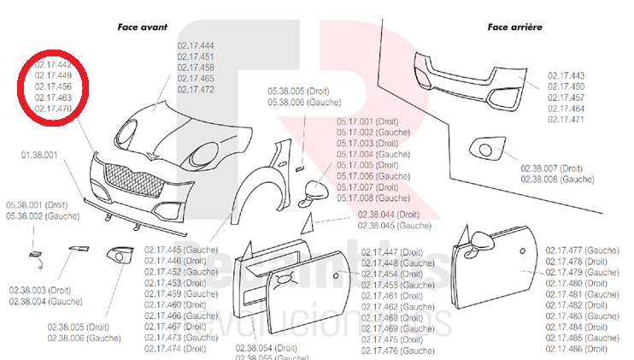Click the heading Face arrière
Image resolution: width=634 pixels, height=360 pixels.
pos(514,27)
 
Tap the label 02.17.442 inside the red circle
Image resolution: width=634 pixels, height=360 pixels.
pos(53,65)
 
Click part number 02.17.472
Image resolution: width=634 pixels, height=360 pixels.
pos(196,89)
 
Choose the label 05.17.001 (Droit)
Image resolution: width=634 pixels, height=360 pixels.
pos(367,122)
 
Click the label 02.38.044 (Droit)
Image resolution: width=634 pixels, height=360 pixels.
pos(388,215)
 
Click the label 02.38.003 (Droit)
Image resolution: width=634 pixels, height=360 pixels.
pos(41,291)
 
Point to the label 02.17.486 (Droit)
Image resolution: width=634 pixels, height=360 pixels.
pos(577,348)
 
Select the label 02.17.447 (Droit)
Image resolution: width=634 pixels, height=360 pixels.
pos(392,252)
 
